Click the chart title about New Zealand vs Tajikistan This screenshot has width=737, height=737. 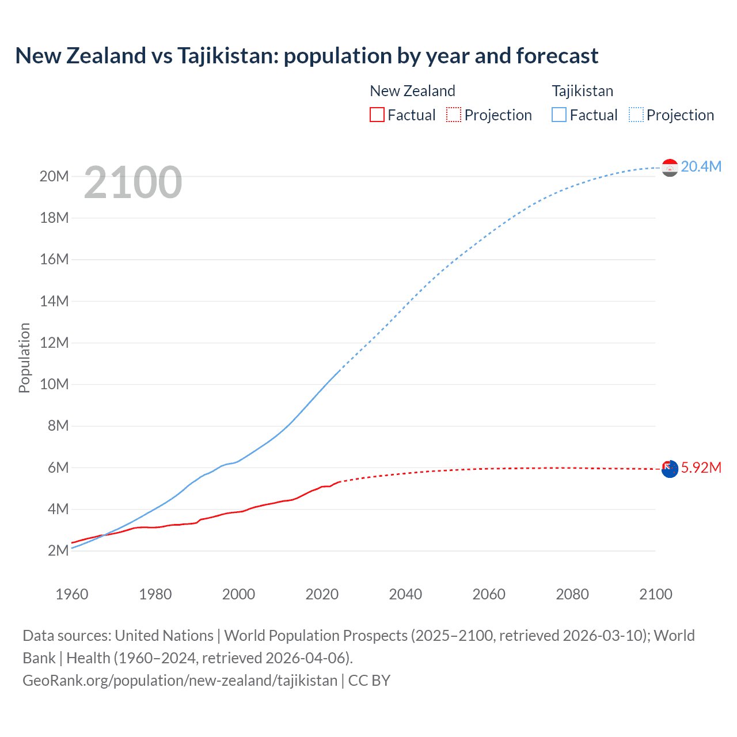[x=306, y=56]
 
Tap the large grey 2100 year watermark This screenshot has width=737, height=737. [x=133, y=183]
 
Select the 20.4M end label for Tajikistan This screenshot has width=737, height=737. [x=701, y=166]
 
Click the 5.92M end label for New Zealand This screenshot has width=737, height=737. [x=701, y=468]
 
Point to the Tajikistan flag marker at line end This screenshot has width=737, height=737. [x=670, y=168]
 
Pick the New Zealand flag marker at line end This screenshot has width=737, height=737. [x=670, y=469]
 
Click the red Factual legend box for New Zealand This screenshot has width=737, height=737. [x=377, y=115]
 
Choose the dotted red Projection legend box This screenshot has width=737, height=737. [x=454, y=115]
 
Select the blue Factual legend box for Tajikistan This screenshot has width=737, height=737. [x=559, y=115]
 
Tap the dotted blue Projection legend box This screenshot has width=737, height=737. [x=636, y=115]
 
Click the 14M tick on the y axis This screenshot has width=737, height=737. [x=54, y=301]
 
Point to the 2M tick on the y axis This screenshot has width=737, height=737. [x=58, y=550]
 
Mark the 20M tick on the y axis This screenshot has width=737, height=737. [x=54, y=176]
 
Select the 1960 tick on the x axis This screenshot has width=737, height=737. [x=72, y=594]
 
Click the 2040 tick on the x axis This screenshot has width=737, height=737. [x=405, y=594]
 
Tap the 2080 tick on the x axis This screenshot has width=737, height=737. [x=572, y=594]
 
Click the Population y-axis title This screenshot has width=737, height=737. [x=24, y=358]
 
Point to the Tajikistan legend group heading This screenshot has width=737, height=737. [x=582, y=91]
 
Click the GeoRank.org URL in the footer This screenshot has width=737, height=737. [x=180, y=680]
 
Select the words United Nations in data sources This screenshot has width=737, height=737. [x=164, y=636]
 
